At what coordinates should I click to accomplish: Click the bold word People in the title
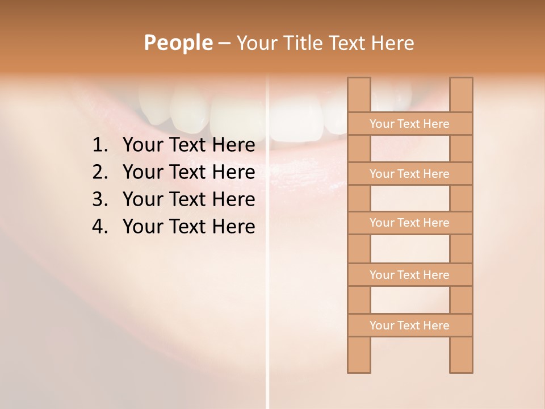(x=178, y=43)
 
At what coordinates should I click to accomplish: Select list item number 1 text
(x=188, y=145)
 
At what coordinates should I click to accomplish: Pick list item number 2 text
(x=188, y=172)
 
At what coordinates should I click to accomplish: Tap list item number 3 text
(x=188, y=199)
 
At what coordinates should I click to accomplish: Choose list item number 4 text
(x=188, y=227)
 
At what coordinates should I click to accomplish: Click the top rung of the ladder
(x=409, y=124)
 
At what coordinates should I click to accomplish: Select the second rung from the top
(x=409, y=174)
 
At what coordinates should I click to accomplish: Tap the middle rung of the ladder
(x=409, y=223)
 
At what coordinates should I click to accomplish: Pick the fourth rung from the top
(x=409, y=275)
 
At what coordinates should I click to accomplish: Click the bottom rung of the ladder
(x=409, y=325)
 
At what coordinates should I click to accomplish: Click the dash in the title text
(x=224, y=43)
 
